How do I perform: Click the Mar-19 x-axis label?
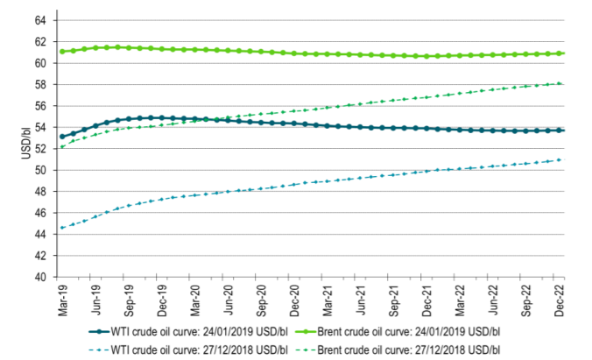coord(62,301)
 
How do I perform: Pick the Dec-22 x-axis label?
coord(560,301)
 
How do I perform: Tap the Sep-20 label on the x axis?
coord(261,301)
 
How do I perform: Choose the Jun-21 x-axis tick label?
coord(361,301)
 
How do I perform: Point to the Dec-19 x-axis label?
coord(162,301)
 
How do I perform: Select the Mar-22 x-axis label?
coord(461,301)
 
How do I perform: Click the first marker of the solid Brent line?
coord(62,52)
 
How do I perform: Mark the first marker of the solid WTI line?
coord(62,136)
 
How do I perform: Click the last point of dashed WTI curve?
coord(560,159)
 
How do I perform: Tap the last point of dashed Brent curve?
coord(560,83)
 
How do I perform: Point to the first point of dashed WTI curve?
coord(62,228)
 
